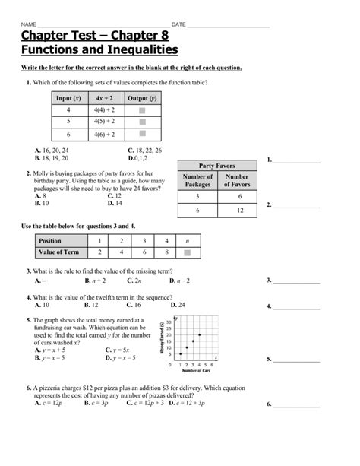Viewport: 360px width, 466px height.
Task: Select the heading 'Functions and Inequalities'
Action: (99, 51)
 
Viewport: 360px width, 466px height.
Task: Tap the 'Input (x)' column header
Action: (68, 98)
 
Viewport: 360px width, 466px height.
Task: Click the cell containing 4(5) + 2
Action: (105, 120)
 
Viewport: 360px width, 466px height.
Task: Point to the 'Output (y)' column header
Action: (141, 98)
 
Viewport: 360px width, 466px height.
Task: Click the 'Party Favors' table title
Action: (217, 166)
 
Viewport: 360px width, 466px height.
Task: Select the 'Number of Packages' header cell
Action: (197, 180)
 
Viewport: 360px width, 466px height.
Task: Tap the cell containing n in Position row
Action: (188, 240)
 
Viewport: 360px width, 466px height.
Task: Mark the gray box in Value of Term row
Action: (188, 252)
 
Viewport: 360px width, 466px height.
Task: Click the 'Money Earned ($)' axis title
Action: (162, 337)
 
